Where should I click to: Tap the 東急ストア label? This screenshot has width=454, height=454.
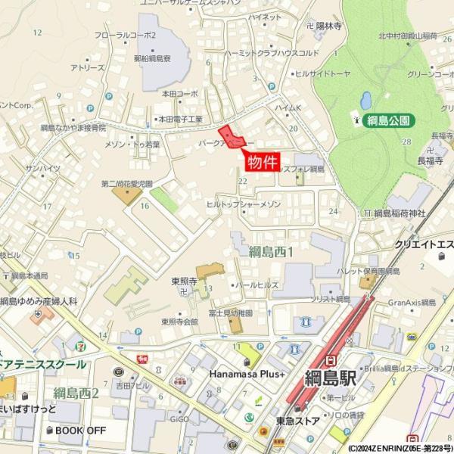click(x=297, y=421)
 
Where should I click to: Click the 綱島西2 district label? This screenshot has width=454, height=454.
click(x=76, y=393)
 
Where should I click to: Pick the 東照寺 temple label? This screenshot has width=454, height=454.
click(x=184, y=281)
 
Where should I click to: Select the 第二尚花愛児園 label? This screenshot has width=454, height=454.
click(x=126, y=184)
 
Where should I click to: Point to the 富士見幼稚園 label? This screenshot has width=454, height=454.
click(x=231, y=312)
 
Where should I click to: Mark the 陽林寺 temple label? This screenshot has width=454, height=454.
click(x=331, y=24)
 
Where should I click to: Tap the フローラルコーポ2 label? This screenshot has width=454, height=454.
click(x=126, y=35)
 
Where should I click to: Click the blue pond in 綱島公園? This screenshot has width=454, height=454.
click(x=366, y=100)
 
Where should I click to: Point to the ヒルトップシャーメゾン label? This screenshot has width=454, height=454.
click(x=244, y=204)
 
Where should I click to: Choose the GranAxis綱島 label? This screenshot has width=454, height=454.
click(x=412, y=302)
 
